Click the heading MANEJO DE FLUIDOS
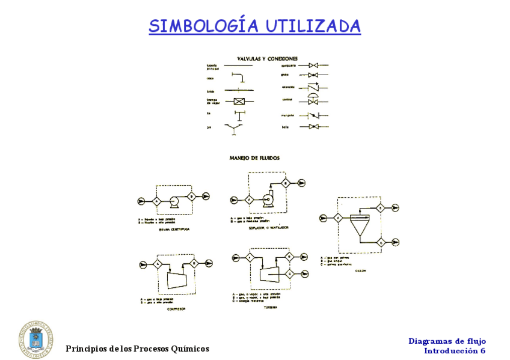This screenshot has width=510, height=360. (x=254, y=158)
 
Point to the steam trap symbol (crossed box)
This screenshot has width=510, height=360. (x=239, y=102)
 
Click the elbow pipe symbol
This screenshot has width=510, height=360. (x=239, y=78)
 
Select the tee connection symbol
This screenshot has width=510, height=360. (x=239, y=114)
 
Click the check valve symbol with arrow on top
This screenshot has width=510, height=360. (x=313, y=88)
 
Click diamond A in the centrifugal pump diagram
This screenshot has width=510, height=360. (x=156, y=201)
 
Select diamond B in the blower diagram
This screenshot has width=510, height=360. (x=286, y=183)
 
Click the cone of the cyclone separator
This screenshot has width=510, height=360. (x=360, y=229)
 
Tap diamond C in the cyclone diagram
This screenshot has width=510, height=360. (x=381, y=242)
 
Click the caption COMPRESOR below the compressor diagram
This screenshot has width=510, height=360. (x=173, y=308)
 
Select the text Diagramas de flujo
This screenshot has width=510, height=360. (x=446, y=341)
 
